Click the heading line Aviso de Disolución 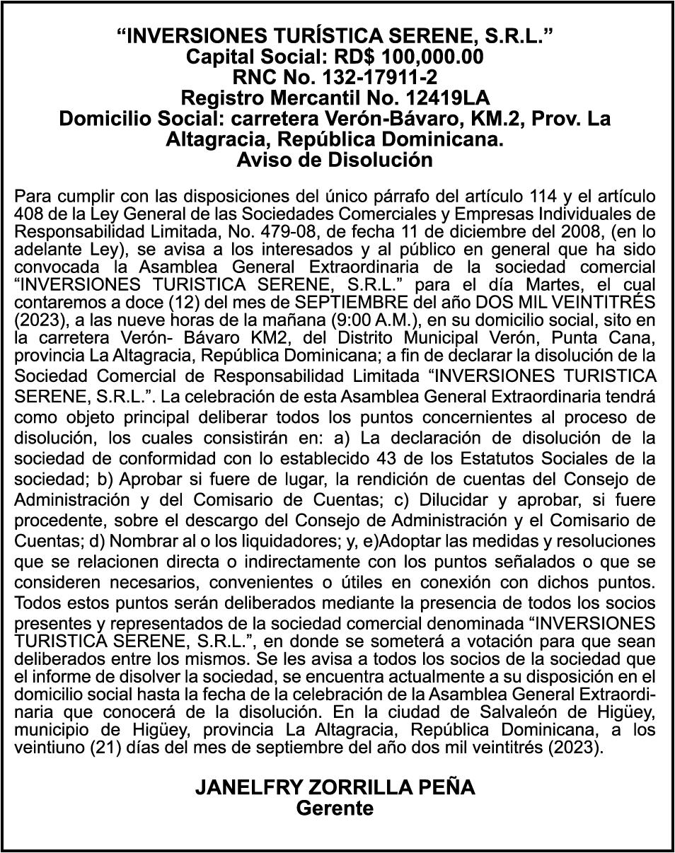point(335,160)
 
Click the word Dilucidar point(455,499)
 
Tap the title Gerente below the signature point(335,808)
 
